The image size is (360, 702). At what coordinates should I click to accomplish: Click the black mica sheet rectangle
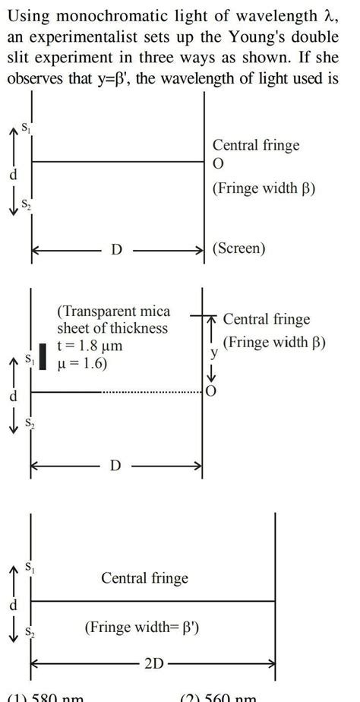43,357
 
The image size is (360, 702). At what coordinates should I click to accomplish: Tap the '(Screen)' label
240,248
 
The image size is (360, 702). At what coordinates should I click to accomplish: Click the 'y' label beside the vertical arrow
214,353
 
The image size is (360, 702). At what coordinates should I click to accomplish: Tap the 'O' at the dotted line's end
211,393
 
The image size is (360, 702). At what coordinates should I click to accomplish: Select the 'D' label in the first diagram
116,249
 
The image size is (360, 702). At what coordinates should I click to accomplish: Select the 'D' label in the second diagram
115,465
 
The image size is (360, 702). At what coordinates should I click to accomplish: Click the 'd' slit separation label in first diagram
11,176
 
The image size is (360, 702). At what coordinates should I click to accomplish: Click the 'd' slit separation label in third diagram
11,606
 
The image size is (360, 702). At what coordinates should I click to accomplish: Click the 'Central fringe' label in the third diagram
144,579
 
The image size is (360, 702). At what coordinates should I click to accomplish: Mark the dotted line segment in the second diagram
151,393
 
